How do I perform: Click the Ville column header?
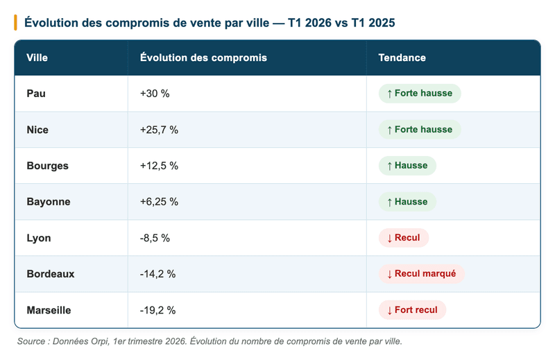coord(37,58)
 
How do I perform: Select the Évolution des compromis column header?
coord(203,58)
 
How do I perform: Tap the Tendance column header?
coord(402,58)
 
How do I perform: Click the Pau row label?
coord(36,94)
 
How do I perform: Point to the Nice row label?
coord(37,130)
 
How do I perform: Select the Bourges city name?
coord(47,166)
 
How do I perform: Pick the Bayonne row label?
coord(49,202)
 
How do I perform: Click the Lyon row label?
coord(38,238)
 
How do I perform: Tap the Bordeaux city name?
coord(51,274)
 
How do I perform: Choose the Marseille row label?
coord(49,310)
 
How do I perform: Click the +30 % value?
coord(155,94)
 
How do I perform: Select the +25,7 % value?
coord(159,130)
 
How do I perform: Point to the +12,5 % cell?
coord(159,166)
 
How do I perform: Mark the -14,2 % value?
coord(157,274)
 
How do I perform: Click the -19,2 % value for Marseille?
coord(157,310)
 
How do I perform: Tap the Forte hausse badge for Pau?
coord(420,94)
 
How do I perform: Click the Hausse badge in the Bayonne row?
coord(407,202)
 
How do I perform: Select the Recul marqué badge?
coord(421,274)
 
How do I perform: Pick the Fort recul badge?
coord(412,310)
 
